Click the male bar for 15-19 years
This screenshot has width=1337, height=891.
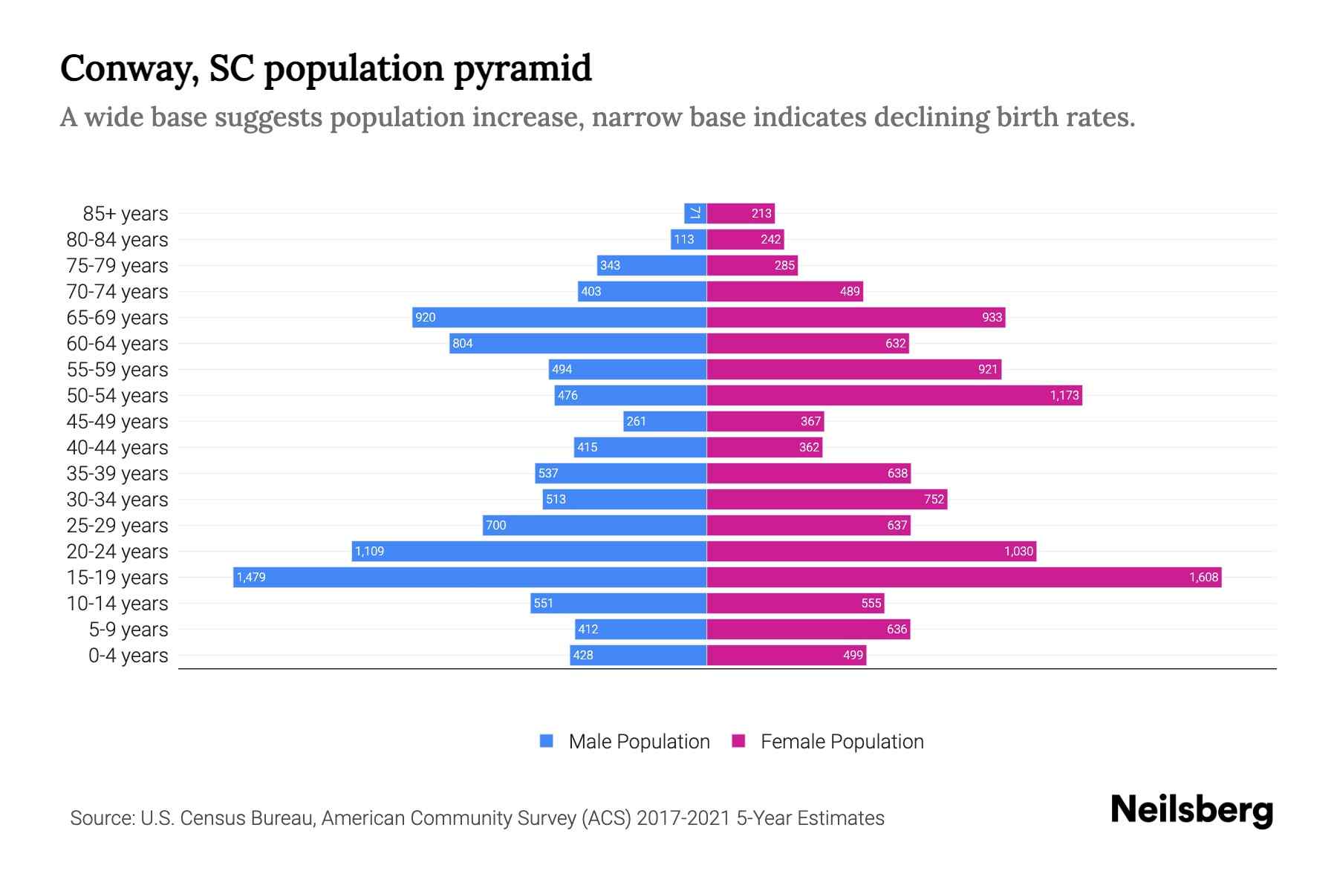(x=469, y=577)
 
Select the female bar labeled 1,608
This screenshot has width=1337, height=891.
(x=963, y=577)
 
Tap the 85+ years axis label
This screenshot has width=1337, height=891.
(x=126, y=214)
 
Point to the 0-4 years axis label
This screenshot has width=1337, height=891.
(x=128, y=656)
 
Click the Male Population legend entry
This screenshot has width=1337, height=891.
(x=625, y=741)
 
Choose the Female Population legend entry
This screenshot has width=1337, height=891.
(x=828, y=741)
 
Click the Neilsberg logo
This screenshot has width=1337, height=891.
(x=1191, y=810)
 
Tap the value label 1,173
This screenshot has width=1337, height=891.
(x=1064, y=396)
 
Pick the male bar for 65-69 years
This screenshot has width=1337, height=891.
(x=559, y=317)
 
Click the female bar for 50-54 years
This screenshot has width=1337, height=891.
(x=894, y=395)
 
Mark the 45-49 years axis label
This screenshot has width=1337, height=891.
(x=117, y=422)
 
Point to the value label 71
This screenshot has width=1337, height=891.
(x=695, y=214)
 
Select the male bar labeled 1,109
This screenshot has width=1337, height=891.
(x=529, y=551)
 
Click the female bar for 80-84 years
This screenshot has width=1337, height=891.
(x=745, y=239)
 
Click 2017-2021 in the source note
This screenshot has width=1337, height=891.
(x=683, y=818)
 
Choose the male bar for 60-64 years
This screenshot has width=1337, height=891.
(x=577, y=343)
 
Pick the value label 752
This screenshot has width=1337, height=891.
(x=934, y=500)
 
